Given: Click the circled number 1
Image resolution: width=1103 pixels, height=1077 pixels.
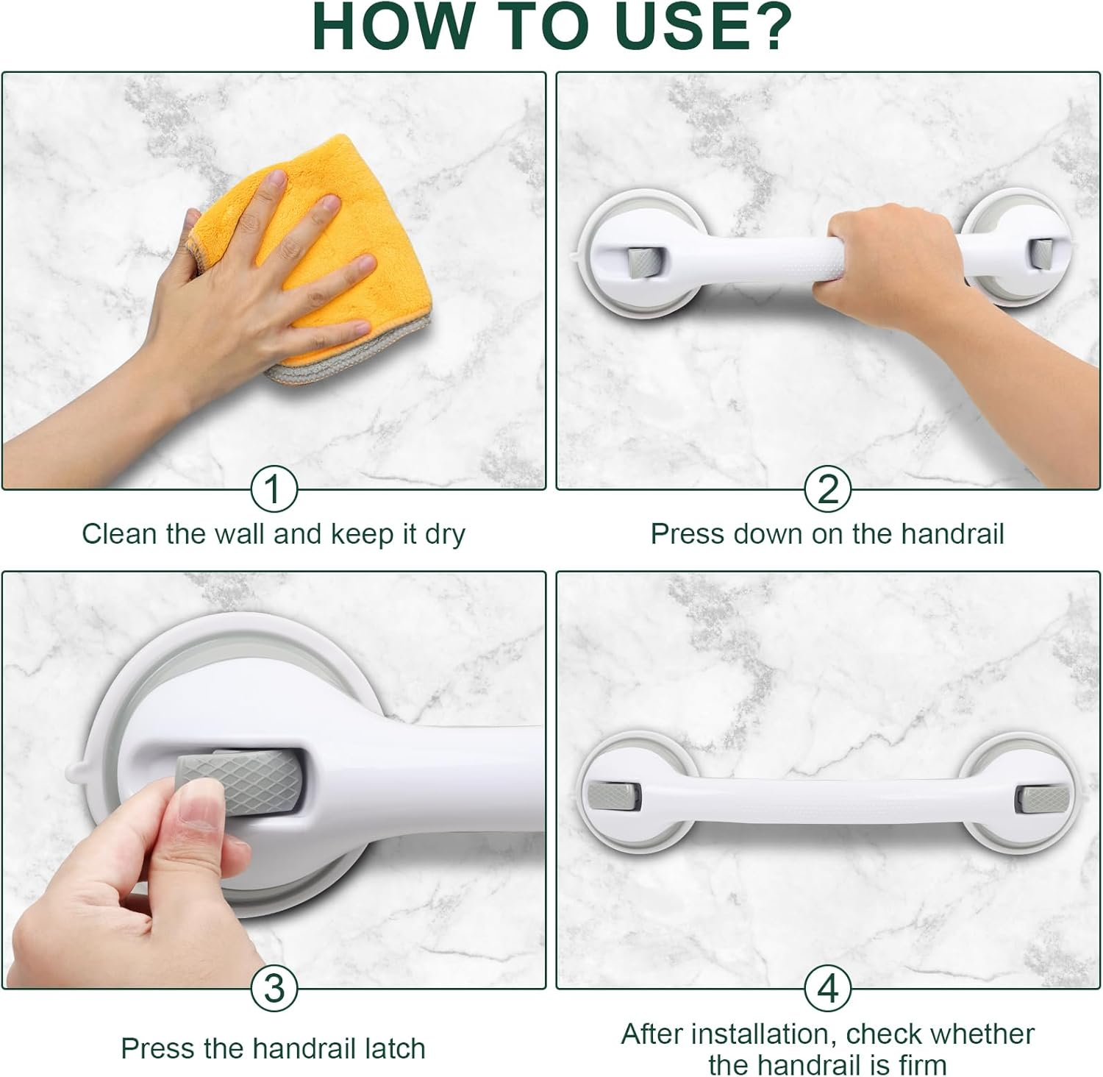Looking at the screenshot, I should (x=274, y=489).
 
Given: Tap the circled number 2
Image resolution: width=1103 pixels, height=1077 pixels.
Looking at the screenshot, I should (x=827, y=489).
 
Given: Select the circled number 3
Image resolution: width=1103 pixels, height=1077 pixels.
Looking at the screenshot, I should (x=274, y=988).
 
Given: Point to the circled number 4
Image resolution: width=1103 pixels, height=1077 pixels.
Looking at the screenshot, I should (x=827, y=988).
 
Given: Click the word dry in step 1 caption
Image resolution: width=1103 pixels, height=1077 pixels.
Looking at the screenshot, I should (x=444, y=534).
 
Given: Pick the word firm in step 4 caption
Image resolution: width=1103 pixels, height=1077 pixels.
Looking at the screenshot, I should (x=921, y=1064).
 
